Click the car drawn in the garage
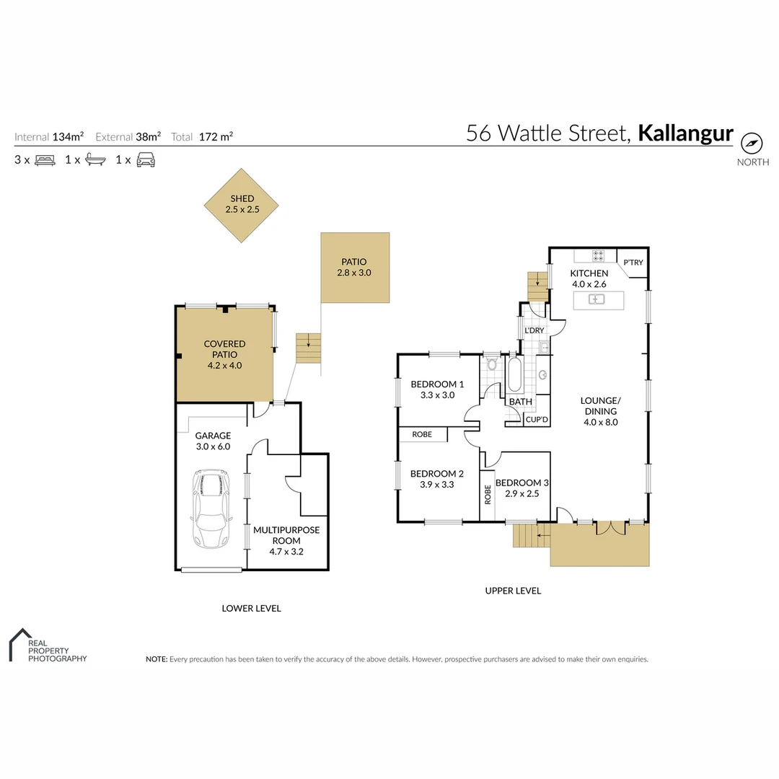pos(210,509)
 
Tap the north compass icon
pos(752,142)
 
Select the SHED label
pos(242,199)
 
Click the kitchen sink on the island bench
pos(598,299)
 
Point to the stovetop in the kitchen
pos(598,255)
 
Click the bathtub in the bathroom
pos(516,374)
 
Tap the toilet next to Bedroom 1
pos(493,364)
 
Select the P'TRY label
pos(633,263)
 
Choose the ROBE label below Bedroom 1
pos(423,435)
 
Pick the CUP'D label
pos(537,419)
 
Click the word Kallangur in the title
pos(686,133)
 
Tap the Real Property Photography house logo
pos(20,643)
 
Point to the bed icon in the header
pos(45,160)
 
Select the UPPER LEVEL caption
pos(513,591)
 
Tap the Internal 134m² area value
pos(68,136)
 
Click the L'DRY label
pos(534,330)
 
